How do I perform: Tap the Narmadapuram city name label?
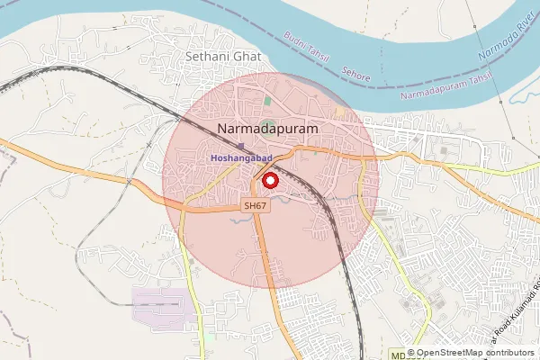(x=268, y=130)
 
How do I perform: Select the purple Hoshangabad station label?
(x=241, y=159)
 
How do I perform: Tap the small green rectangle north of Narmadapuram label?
(x=267, y=101)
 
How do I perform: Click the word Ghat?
(x=245, y=56)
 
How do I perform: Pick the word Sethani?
(x=206, y=56)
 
